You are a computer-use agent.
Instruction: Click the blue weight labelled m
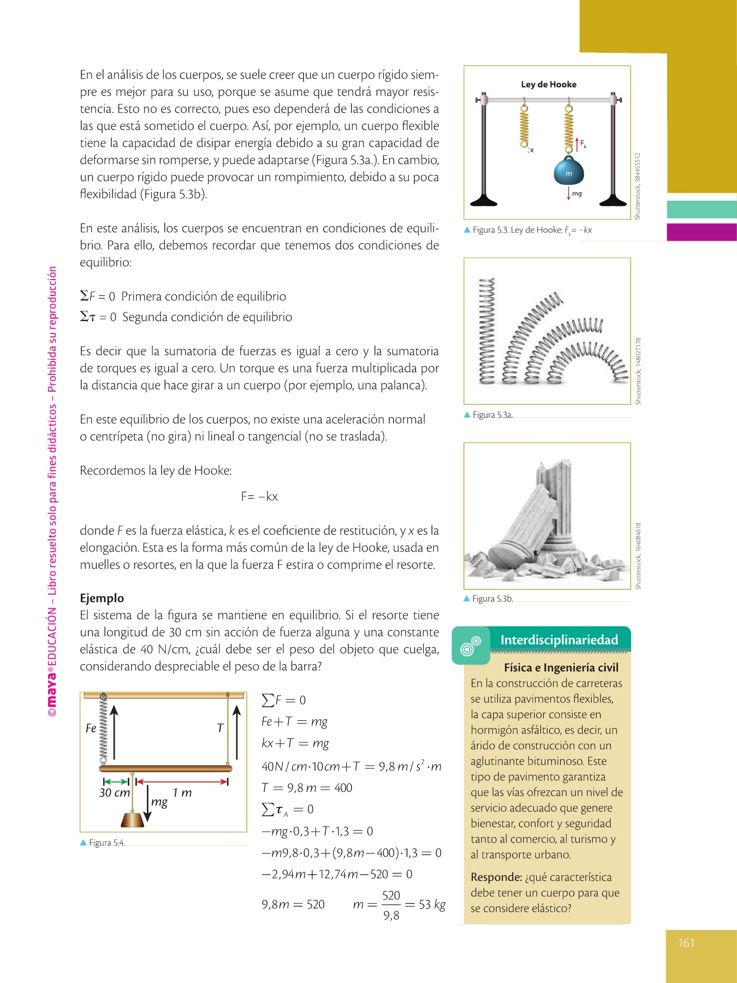pyautogui.click(x=569, y=171)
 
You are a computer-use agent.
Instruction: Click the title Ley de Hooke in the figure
pyautogui.click(x=549, y=84)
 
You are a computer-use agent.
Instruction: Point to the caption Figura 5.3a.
pyautogui.click(x=492, y=415)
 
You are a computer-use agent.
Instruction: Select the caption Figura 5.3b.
pyautogui.click(x=492, y=599)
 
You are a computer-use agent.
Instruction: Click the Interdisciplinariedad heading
pyautogui.click(x=559, y=640)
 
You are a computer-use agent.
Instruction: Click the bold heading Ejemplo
pyautogui.click(x=102, y=598)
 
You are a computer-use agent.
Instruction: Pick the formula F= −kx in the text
pyautogui.click(x=259, y=496)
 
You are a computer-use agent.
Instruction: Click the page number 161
pyautogui.click(x=686, y=943)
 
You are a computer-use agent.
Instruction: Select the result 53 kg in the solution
pyautogui.click(x=432, y=904)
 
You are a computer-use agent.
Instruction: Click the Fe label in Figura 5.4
pyautogui.click(x=91, y=728)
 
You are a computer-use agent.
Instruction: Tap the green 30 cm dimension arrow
pyautogui.click(x=116, y=781)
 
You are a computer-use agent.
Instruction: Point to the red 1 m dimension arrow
pyautogui.click(x=182, y=781)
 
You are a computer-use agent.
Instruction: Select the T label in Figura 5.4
pyautogui.click(x=220, y=728)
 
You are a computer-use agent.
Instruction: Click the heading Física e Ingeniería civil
pyautogui.click(x=561, y=667)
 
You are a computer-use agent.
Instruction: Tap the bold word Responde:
pyautogui.click(x=496, y=877)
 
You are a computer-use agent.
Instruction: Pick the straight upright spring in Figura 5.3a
pyautogui.click(x=486, y=330)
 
